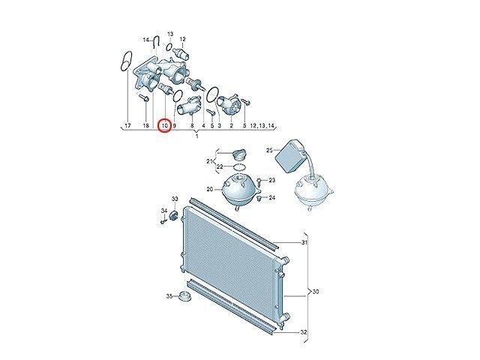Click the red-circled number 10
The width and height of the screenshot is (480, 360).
pyautogui.click(x=165, y=125)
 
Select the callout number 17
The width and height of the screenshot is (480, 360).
pyautogui.click(x=127, y=125)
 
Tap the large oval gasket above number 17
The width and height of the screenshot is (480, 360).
pyautogui.click(x=126, y=61)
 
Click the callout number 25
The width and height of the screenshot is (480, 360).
pyautogui.click(x=269, y=150)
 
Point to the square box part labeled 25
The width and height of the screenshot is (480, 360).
pyautogui.click(x=290, y=156)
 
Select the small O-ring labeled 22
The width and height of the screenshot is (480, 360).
pyautogui.click(x=239, y=167)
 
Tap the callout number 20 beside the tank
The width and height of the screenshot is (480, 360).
pyautogui.click(x=210, y=190)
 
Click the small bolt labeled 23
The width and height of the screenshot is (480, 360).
pyautogui.click(x=259, y=181)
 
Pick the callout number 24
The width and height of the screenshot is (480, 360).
pyautogui.click(x=272, y=198)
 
